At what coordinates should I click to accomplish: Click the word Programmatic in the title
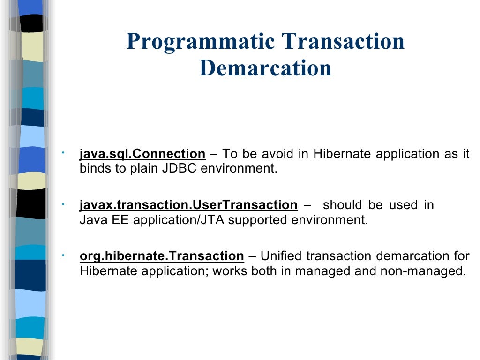click(201, 42)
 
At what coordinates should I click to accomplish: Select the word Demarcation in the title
click(265, 68)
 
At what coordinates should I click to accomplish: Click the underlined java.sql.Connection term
click(142, 154)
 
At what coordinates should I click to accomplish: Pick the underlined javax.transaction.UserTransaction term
click(188, 205)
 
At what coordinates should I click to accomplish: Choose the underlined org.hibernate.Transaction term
click(162, 256)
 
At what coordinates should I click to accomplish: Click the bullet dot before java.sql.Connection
click(63, 152)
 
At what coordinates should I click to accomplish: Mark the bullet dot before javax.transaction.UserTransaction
click(63, 203)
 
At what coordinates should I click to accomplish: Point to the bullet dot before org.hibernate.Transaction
click(63, 255)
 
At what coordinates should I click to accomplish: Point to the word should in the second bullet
click(343, 205)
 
